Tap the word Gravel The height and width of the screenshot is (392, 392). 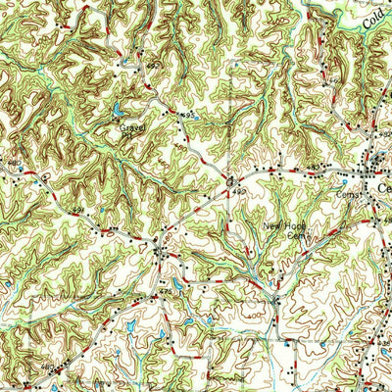[x=130, y=126]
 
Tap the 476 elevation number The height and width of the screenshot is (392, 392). [x=165, y=290]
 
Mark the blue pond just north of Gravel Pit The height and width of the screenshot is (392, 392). [x=120, y=110]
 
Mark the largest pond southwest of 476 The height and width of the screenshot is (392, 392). [x=130, y=323]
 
